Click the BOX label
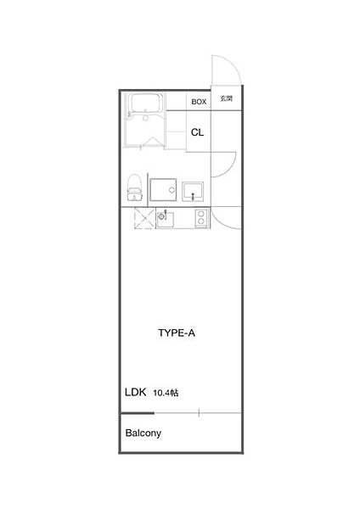(x=199, y=102)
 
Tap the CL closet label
(x=197, y=132)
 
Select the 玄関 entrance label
(x=227, y=98)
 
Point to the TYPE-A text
(x=177, y=333)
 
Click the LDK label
(x=136, y=392)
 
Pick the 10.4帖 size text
(x=166, y=393)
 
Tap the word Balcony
(x=143, y=433)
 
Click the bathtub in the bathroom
(x=145, y=103)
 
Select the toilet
(x=135, y=187)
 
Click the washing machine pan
(x=163, y=189)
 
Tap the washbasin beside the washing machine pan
(x=193, y=191)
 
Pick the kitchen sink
(x=165, y=219)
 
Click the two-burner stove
(x=201, y=218)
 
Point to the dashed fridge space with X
(x=144, y=218)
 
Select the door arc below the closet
(x=230, y=170)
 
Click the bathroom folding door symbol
(x=152, y=143)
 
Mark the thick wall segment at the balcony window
(x=137, y=413)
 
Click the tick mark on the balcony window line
(x=199, y=413)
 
